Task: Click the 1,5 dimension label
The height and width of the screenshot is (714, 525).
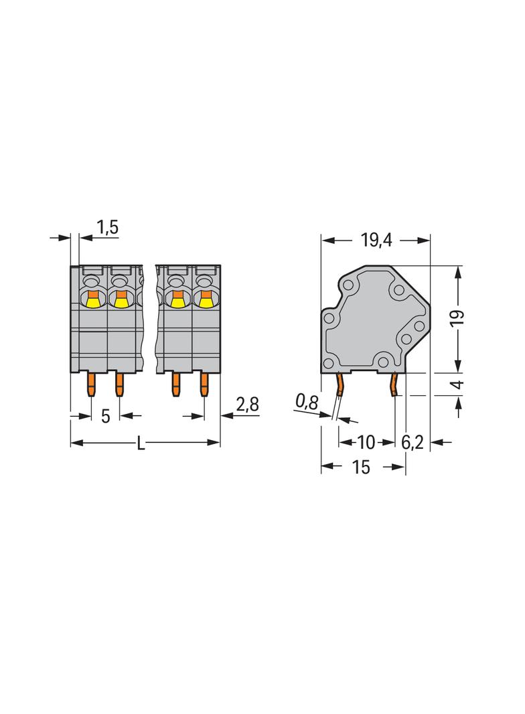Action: coord(108,227)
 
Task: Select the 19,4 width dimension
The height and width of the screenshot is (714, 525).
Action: coord(376,240)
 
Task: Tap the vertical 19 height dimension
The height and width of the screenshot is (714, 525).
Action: coord(457,317)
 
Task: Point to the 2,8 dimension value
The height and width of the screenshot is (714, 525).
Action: coord(247,404)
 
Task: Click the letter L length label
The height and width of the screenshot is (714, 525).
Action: coord(141,443)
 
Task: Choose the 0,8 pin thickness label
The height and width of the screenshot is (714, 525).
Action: coord(307,401)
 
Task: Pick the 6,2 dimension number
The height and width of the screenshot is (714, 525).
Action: coord(412,442)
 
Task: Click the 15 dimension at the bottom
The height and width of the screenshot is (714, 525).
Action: coord(361,468)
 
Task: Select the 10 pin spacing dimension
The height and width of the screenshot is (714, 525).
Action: coord(366,442)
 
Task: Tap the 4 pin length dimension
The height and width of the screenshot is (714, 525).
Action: coord(457,384)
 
